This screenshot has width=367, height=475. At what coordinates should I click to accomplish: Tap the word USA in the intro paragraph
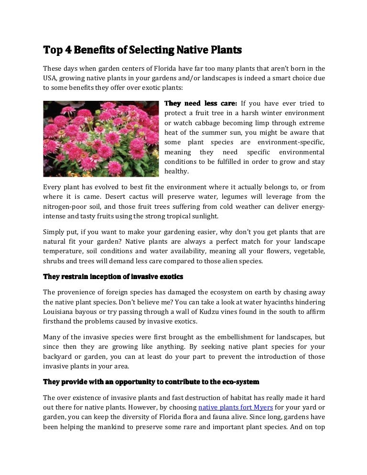(x=51, y=78)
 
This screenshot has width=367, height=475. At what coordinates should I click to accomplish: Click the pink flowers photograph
(x=101, y=138)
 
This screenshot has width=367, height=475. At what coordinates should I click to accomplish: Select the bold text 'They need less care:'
(x=201, y=103)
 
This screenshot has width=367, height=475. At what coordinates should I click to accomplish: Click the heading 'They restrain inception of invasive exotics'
(x=113, y=277)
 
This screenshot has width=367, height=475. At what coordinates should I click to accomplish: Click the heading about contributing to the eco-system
(x=151, y=382)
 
